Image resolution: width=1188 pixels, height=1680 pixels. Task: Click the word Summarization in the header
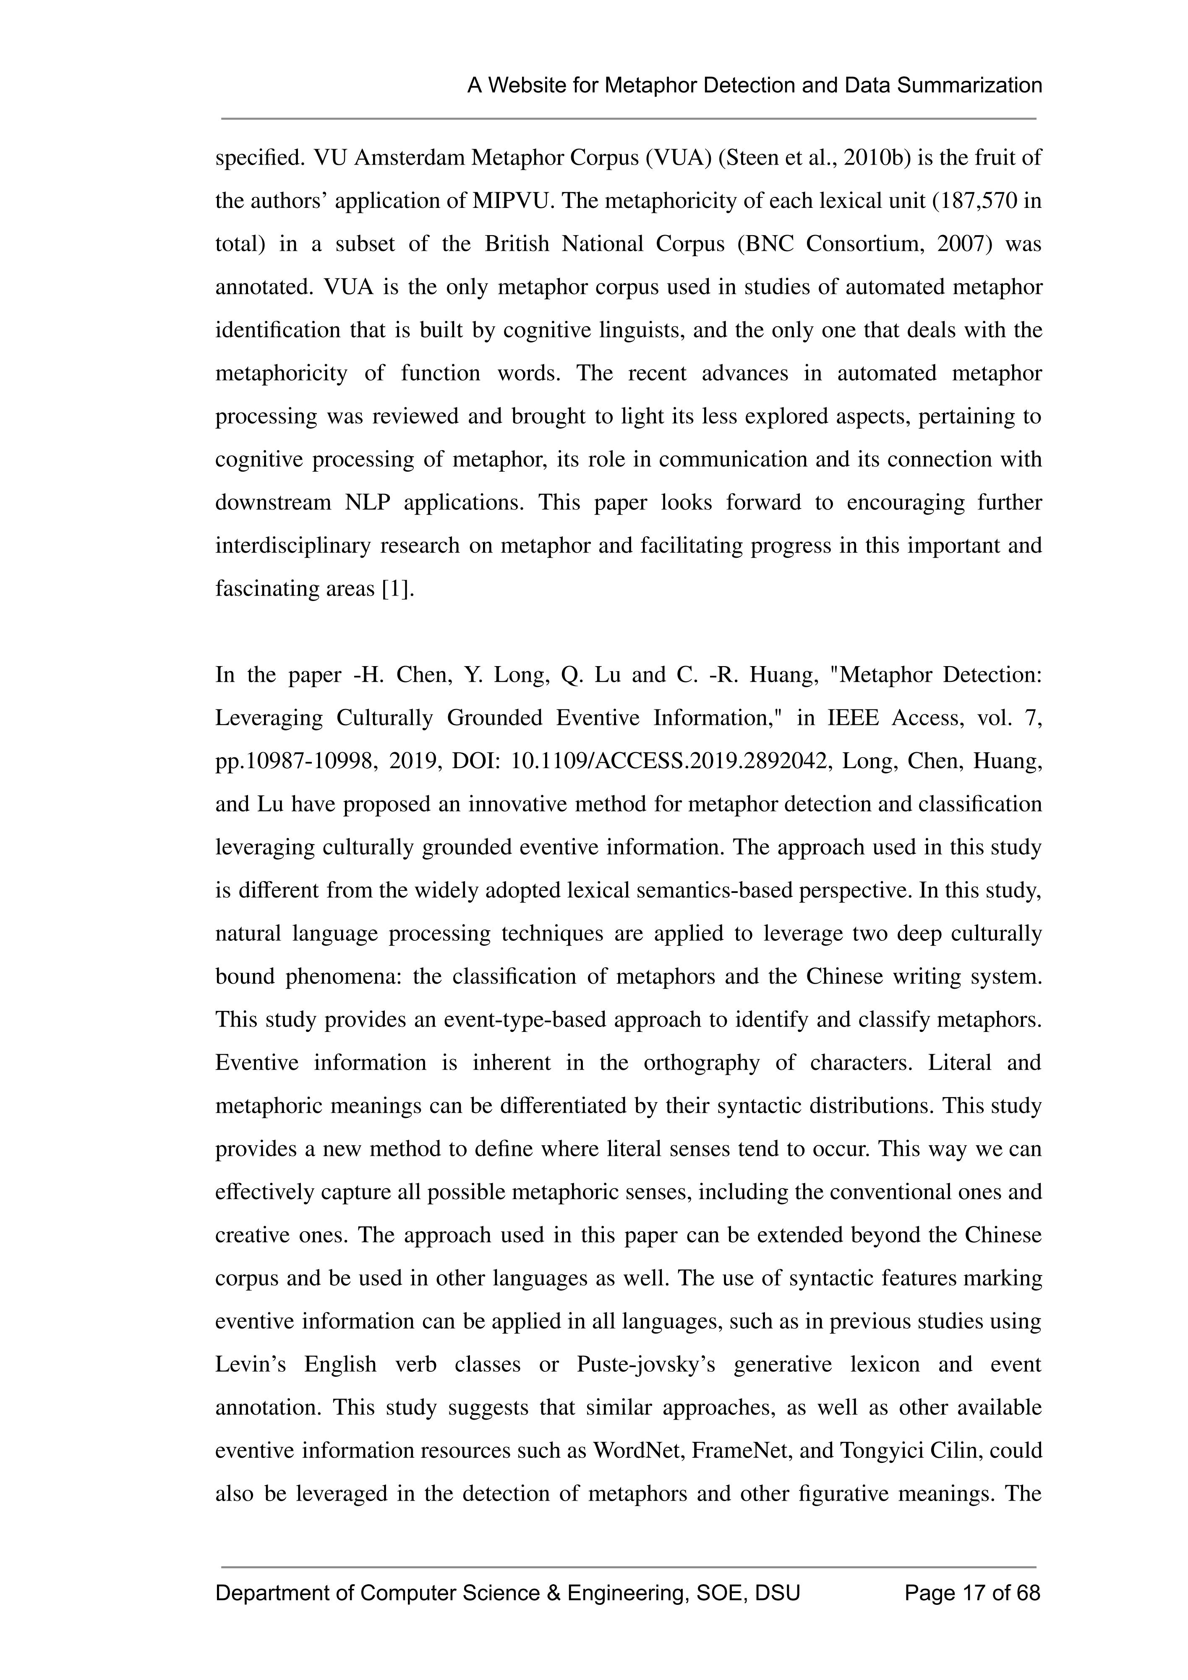[969, 86]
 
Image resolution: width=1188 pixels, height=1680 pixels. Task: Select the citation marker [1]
[397, 588]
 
